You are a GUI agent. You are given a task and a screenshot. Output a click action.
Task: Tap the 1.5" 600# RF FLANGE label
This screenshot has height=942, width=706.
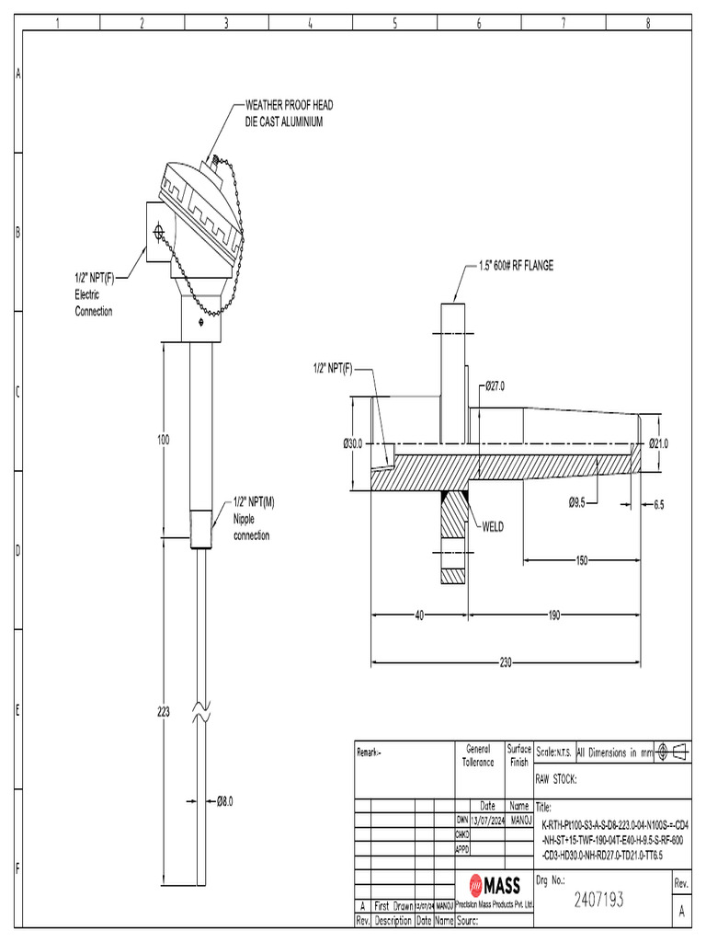tap(517, 266)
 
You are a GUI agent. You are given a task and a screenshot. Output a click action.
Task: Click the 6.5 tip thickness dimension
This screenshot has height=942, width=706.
tap(658, 504)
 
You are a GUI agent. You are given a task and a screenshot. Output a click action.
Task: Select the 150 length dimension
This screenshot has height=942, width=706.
tap(581, 559)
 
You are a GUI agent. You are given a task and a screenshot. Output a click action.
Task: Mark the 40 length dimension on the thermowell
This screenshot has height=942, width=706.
tap(418, 615)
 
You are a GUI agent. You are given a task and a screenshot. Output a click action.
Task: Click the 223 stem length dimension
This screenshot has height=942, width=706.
tap(163, 711)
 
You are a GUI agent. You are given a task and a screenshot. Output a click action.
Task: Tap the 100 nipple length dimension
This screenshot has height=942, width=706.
tap(163, 441)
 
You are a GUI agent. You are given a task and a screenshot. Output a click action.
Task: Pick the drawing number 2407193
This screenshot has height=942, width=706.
tap(598, 900)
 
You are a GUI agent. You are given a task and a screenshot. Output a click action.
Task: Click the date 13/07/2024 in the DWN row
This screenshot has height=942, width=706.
tap(488, 819)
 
